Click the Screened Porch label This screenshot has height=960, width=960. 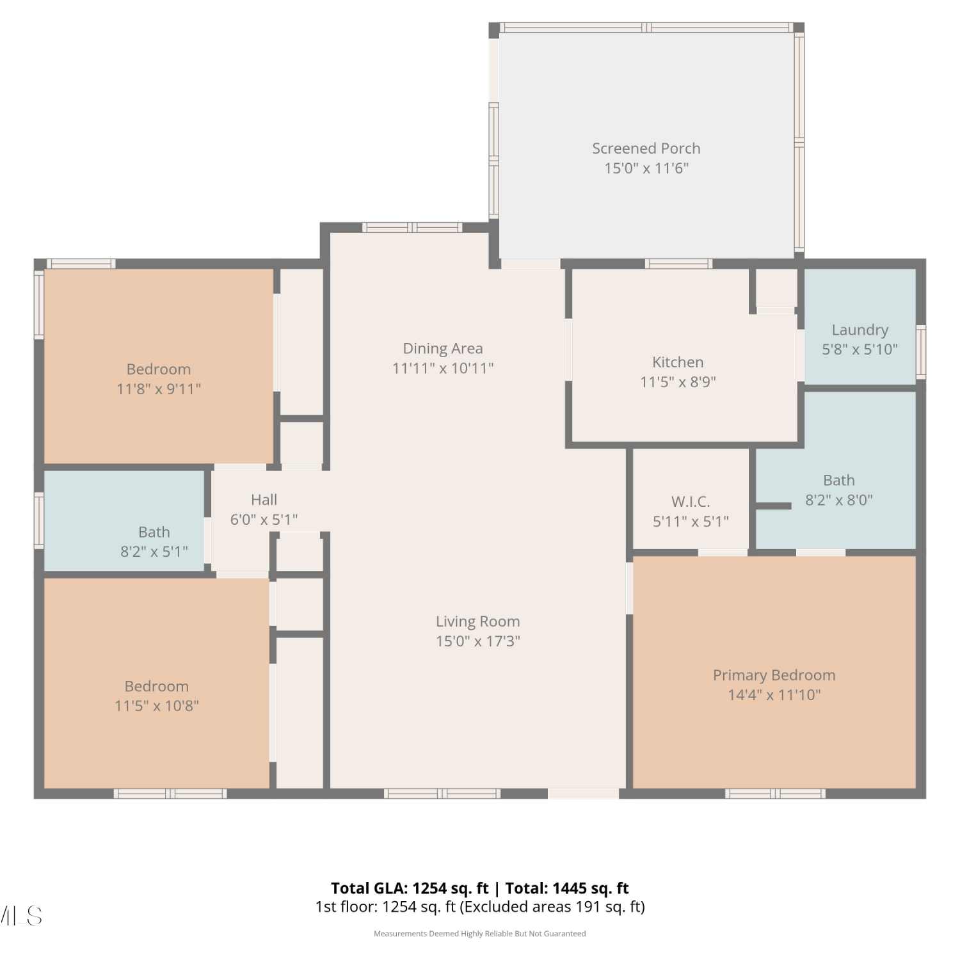click(646, 148)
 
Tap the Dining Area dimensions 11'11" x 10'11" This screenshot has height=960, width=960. click(443, 368)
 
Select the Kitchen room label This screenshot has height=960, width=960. click(678, 362)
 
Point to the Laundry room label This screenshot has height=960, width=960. click(860, 330)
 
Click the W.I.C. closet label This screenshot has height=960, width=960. click(691, 502)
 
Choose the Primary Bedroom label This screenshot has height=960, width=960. click(774, 675)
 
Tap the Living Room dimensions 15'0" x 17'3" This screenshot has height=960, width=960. click(478, 641)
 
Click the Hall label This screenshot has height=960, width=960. click(264, 500)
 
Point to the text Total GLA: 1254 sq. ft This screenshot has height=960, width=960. click(410, 888)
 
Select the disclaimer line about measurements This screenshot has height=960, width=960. click(480, 934)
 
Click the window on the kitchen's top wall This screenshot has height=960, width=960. click(678, 264)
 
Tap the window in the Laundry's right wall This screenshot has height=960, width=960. click(921, 351)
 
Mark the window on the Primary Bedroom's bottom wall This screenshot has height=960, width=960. click(775, 794)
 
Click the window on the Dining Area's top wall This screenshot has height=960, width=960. click(412, 227)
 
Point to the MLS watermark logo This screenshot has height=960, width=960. click(21, 916)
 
